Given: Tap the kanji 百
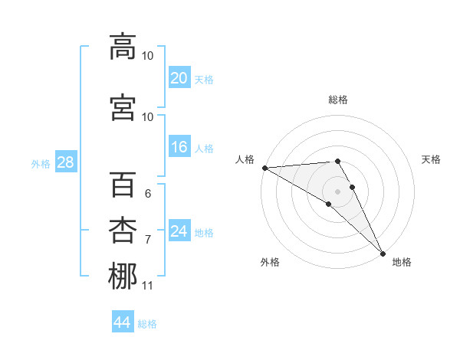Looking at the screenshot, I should point(123,185).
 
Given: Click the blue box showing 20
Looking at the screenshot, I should point(179,78).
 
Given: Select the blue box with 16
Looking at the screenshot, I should point(179,148).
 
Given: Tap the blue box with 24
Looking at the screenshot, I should point(179,231).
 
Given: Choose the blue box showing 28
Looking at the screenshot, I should point(65,163).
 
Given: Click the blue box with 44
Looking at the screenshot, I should point(123,322).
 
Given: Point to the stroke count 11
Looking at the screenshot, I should point(147,286).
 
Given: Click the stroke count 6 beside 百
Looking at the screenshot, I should point(147,194).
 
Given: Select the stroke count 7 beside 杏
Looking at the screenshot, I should point(147,239).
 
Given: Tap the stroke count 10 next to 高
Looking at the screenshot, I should point(147,56).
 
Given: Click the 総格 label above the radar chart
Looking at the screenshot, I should point(338,100).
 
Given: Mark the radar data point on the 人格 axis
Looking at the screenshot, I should point(264,168).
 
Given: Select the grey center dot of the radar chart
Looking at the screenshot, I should point(337,191).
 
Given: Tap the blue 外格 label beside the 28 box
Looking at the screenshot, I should point(40,164).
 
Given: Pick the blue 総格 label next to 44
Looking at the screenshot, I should point(147,324).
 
